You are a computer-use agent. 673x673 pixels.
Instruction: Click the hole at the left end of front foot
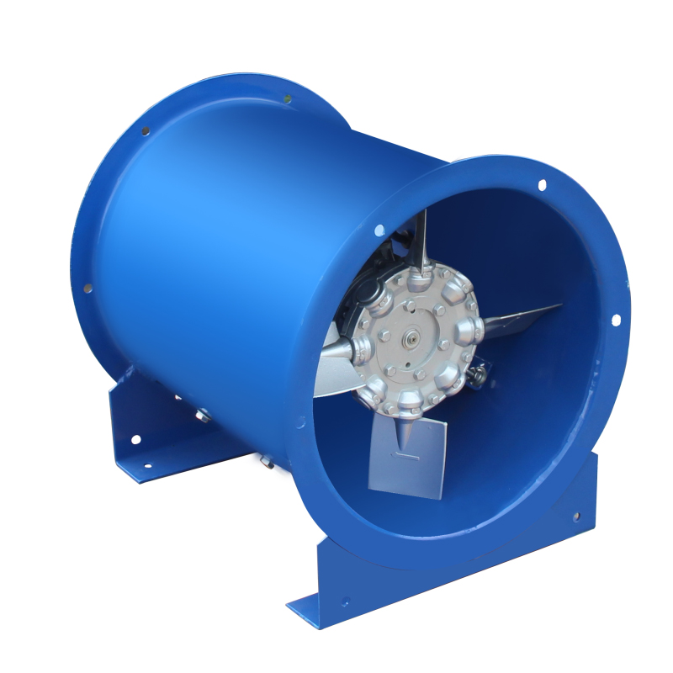point(345,602)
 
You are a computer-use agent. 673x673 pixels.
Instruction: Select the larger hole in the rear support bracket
point(135,439)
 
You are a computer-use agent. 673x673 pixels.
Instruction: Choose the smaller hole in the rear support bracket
point(146,465)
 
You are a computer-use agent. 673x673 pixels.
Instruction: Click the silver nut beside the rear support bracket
point(202,414)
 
